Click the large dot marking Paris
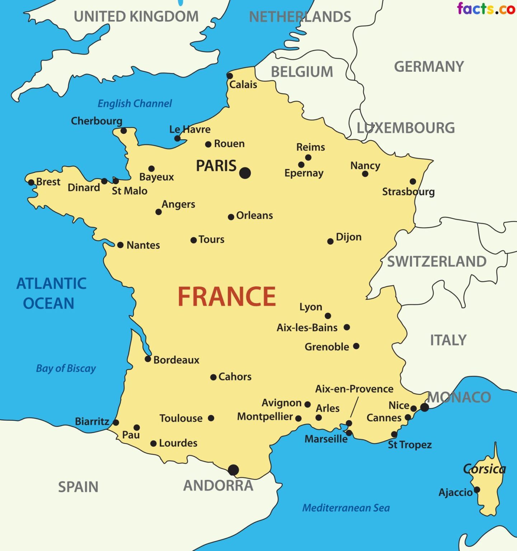coord(245,173)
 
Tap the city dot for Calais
coord(230,76)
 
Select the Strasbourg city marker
coord(413,182)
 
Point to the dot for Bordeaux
coord(148,359)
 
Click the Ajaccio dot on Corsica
coord(477,490)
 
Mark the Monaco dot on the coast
coord(424,407)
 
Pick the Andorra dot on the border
coord(233,470)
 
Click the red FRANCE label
coord(227,297)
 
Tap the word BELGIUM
coord(302,72)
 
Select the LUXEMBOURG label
coord(405,128)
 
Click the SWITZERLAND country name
coord(437,262)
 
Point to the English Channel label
coord(135,104)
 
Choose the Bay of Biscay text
coord(66,368)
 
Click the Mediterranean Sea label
coord(346,508)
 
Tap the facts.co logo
coord(486,9)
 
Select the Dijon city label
coord(348,237)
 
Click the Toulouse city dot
coord(211,418)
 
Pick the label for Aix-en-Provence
coord(354,389)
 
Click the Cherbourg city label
coord(97,121)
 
